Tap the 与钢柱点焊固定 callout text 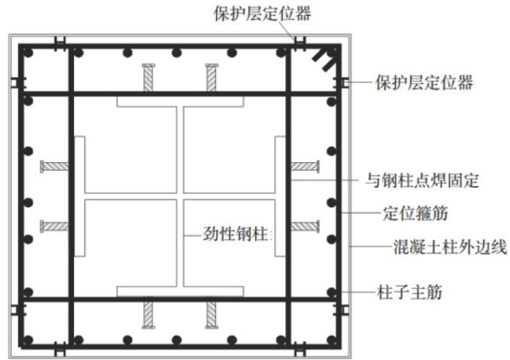pyautogui.click(x=429, y=180)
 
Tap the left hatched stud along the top pyautogui.click(x=149, y=79)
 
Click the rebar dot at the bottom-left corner pyautogui.click(x=27, y=339)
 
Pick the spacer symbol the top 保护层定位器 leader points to pyautogui.click(x=299, y=41)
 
